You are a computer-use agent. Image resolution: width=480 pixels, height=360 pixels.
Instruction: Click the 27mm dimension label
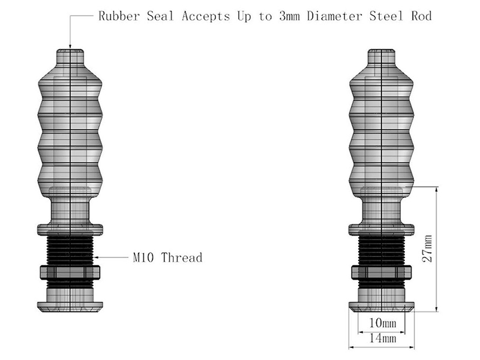(427, 248)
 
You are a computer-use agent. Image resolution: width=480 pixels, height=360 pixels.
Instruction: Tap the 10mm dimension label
(382, 323)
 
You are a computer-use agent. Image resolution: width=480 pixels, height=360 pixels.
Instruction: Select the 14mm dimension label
(382, 338)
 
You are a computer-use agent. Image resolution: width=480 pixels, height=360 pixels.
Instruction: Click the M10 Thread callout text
(167, 257)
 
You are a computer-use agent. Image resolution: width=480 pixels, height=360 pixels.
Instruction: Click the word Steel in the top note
(386, 16)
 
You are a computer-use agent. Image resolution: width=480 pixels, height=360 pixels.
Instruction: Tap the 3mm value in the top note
(290, 16)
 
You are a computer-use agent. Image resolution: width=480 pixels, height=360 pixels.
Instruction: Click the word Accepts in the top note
(206, 16)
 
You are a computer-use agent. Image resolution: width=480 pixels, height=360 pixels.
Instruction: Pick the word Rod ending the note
(421, 16)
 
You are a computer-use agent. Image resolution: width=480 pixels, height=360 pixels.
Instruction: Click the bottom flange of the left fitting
(70, 307)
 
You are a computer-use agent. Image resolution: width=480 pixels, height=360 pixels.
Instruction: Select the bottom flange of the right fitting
(382, 307)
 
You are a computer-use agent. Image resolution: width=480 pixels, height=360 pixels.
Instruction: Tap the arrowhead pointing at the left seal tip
(70, 46)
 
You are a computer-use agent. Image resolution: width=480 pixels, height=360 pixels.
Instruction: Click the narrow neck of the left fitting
(70, 211)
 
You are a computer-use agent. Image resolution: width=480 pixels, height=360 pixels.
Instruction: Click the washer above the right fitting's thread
(382, 230)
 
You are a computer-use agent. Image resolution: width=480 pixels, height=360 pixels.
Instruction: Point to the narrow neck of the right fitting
(382, 211)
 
